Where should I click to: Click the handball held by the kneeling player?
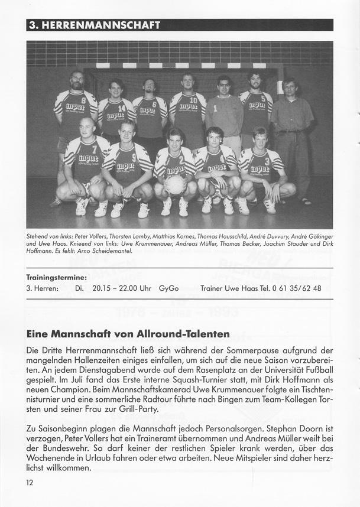175,184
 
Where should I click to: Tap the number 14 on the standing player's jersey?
121,109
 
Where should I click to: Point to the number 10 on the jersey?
193,100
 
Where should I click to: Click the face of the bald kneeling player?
87,127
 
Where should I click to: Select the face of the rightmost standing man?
290,88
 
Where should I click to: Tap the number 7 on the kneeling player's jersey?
95,149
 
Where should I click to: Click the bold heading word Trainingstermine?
56,277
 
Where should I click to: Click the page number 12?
30,483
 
